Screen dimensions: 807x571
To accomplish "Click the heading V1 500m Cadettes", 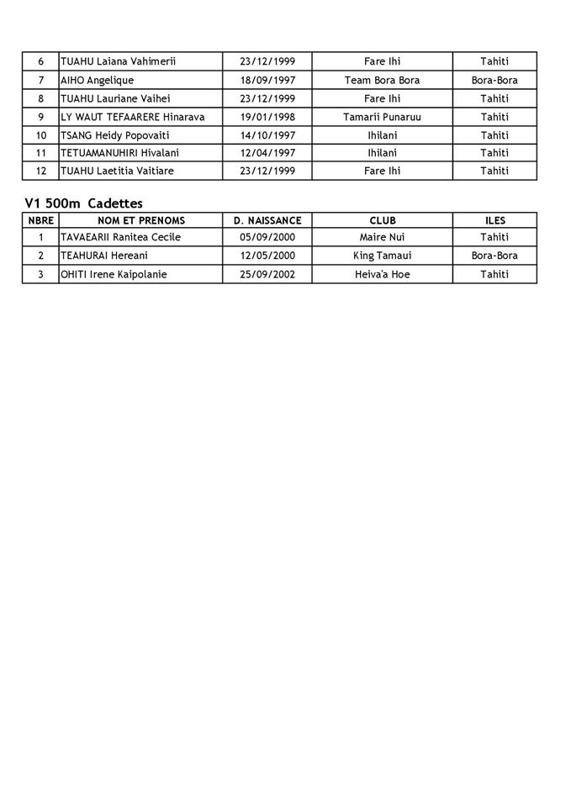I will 84,203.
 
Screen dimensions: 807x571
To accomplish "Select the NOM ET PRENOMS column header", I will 141,220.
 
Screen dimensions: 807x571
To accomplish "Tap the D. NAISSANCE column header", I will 267,220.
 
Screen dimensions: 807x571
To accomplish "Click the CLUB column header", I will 383,220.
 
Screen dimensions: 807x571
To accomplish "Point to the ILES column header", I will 495,220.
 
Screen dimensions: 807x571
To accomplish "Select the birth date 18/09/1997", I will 267,80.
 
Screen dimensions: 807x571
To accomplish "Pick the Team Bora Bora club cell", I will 382,80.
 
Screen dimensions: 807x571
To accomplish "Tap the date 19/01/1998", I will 267,117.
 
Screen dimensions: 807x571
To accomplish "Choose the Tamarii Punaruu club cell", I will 382,117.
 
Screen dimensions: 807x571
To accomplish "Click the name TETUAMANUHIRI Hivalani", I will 119,153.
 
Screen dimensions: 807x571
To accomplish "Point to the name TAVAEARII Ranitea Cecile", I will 121,237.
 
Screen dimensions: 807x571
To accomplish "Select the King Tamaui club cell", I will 382,256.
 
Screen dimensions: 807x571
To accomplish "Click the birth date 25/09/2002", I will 267,274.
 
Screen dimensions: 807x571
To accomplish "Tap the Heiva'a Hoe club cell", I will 382,274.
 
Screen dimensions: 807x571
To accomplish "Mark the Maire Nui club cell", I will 382,237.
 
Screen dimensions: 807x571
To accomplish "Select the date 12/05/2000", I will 267,256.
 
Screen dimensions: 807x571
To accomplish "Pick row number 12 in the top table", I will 40,171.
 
